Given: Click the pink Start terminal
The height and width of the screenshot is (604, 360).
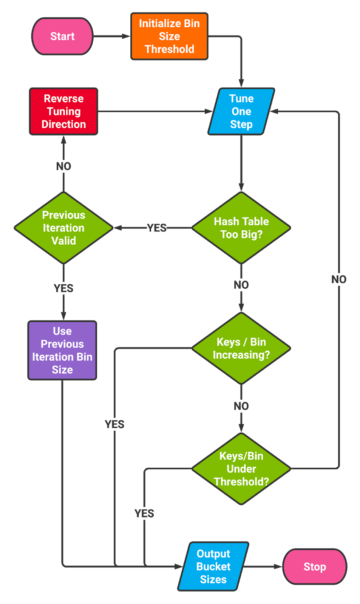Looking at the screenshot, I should point(62,36).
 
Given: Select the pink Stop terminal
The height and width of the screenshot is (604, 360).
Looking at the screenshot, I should point(315,567).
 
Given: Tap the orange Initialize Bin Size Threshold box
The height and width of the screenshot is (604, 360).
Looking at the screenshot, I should point(169,36).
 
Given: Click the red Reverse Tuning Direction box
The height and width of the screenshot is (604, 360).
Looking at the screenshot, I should point(63,111).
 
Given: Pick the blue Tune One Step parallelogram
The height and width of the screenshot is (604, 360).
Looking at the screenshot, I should point(241,111).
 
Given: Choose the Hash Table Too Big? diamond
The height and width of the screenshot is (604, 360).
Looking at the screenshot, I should point(241,228).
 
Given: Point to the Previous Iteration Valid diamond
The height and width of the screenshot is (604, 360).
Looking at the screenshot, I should point(63,228).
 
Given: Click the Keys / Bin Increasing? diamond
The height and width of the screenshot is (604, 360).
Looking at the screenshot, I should point(241,348).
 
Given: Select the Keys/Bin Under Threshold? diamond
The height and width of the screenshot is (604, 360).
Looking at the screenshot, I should point(241,468).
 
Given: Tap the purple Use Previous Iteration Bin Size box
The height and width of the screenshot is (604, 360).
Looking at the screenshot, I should point(62,350).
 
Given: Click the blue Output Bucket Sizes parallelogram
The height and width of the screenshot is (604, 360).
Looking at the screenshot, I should point(213,566).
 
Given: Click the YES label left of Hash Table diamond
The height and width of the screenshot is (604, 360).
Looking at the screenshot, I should point(157,228).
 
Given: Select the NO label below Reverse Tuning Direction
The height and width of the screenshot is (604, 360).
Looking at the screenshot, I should point(63,166).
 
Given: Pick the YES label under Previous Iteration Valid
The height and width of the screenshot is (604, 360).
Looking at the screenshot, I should point(63,288).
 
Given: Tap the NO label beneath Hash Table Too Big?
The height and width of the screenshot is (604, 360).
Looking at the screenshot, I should point(241,285).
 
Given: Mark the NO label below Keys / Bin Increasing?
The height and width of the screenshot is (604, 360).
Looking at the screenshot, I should point(241,406).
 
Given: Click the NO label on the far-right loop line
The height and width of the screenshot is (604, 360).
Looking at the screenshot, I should point(339,279).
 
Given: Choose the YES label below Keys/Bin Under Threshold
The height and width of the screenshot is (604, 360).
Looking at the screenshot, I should point(144,513).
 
